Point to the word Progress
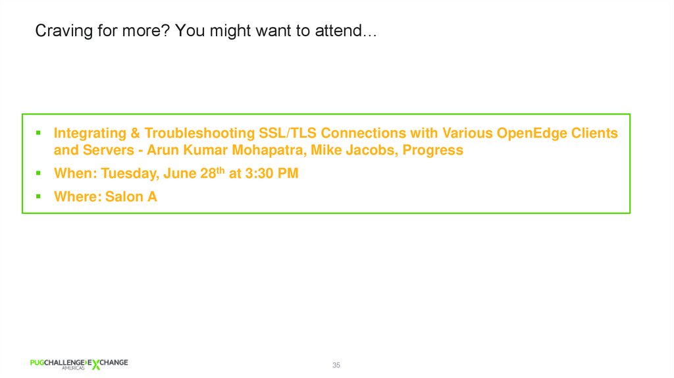pyautogui.click(x=433, y=150)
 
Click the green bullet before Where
pyautogui.click(x=39, y=196)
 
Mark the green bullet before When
pyautogui.click(x=39, y=173)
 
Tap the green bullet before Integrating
pyautogui.click(x=39, y=132)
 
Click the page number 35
pyautogui.click(x=336, y=365)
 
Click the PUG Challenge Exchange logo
pyautogui.click(x=79, y=364)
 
